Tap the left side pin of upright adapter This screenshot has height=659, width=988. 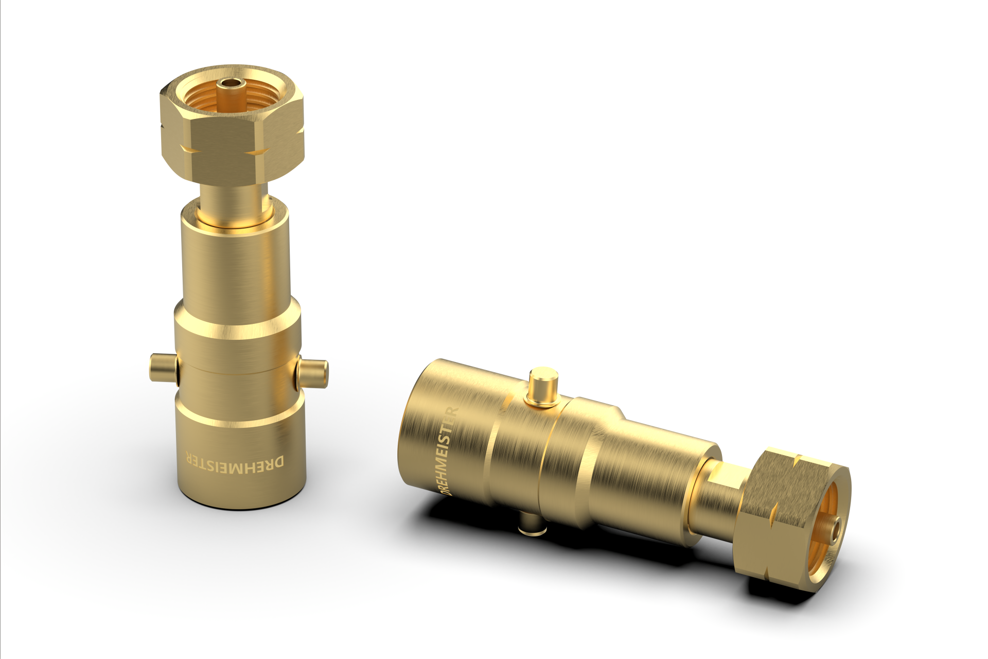[163, 368]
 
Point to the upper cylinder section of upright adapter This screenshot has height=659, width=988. [234, 263]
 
